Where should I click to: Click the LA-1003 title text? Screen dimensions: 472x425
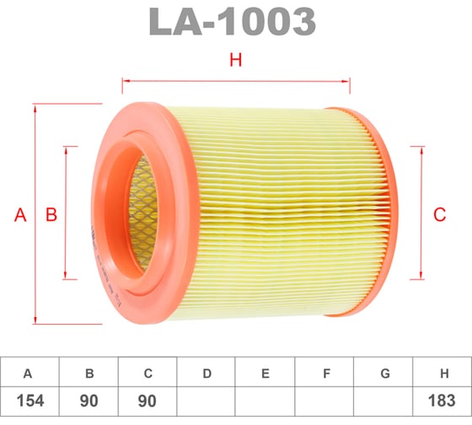[x=232, y=22]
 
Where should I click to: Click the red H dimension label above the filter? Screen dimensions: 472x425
[x=236, y=60]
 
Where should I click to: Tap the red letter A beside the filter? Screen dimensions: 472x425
[x=20, y=215]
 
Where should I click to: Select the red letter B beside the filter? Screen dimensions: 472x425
[x=51, y=215]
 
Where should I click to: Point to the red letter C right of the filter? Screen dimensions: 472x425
[x=439, y=215]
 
